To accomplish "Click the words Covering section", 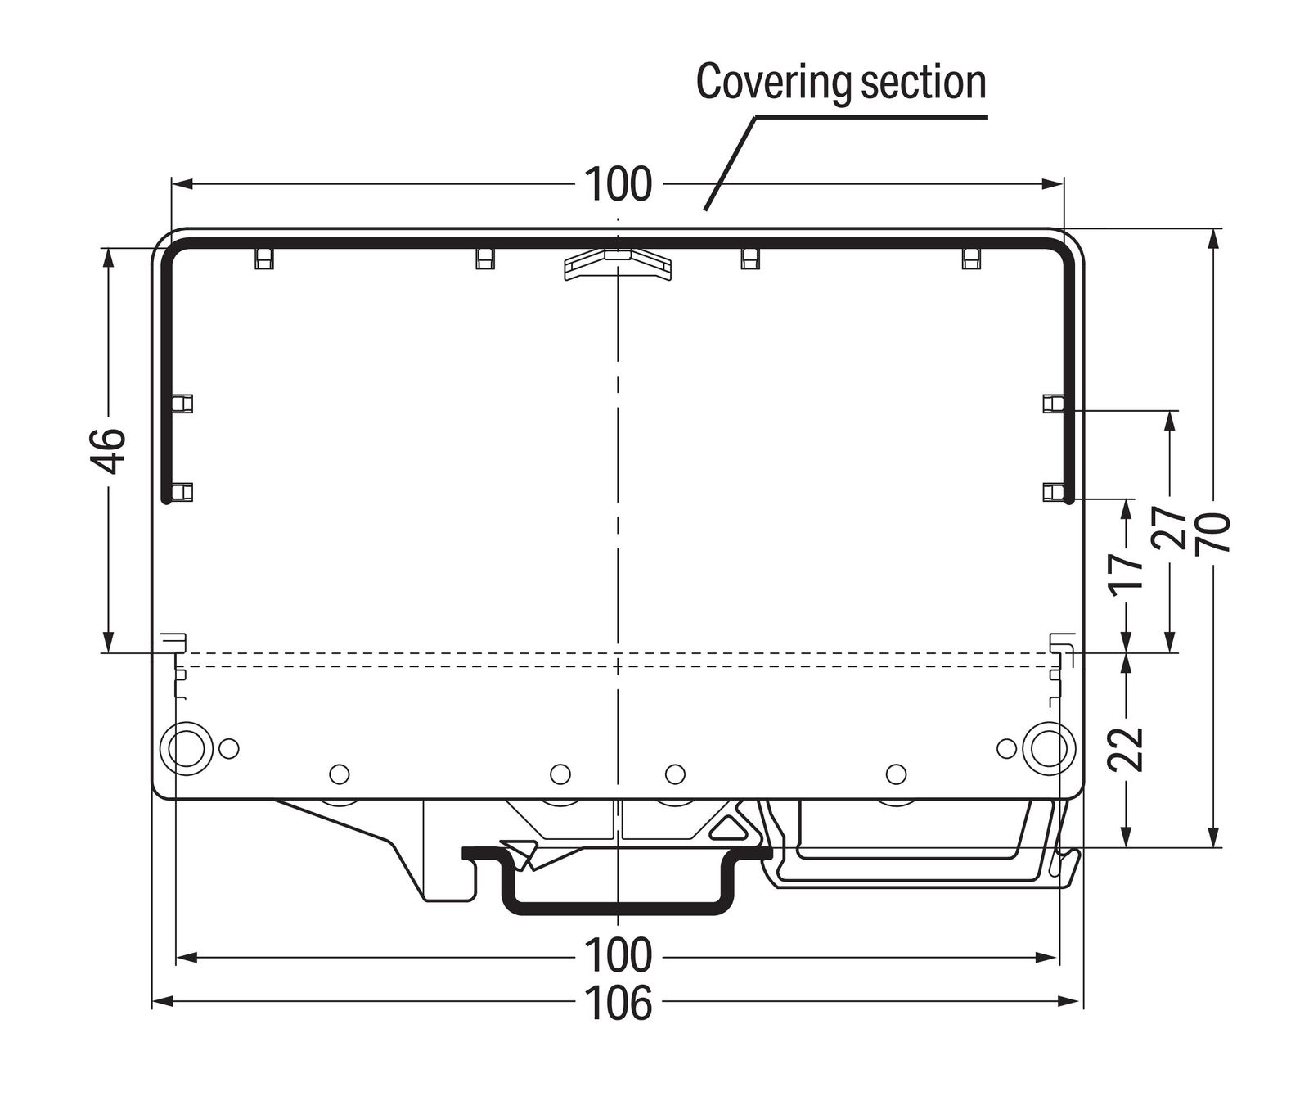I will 840,83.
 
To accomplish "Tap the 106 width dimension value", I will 619,1003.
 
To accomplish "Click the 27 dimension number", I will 1170,527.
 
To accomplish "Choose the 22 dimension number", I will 1127,749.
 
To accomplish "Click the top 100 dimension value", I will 619,185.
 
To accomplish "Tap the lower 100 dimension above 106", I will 619,956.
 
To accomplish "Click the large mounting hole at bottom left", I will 186,747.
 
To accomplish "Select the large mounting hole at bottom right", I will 1048,747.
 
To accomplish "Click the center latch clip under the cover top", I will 618,264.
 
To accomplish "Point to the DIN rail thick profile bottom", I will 618,908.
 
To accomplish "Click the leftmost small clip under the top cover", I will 263,259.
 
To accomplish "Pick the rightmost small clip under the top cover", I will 971,259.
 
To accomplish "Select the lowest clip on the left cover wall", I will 183,492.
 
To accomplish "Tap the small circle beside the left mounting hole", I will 229,747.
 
